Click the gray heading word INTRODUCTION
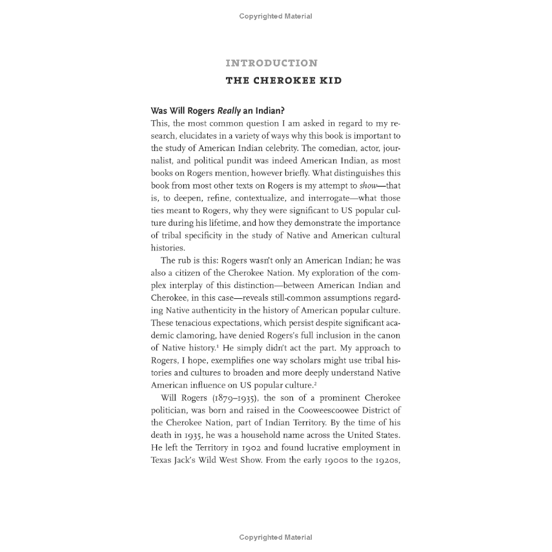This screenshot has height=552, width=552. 271,63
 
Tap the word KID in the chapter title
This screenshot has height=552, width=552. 329,81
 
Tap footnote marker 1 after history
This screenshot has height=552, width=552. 234,345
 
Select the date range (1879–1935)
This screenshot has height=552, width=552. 230,398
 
